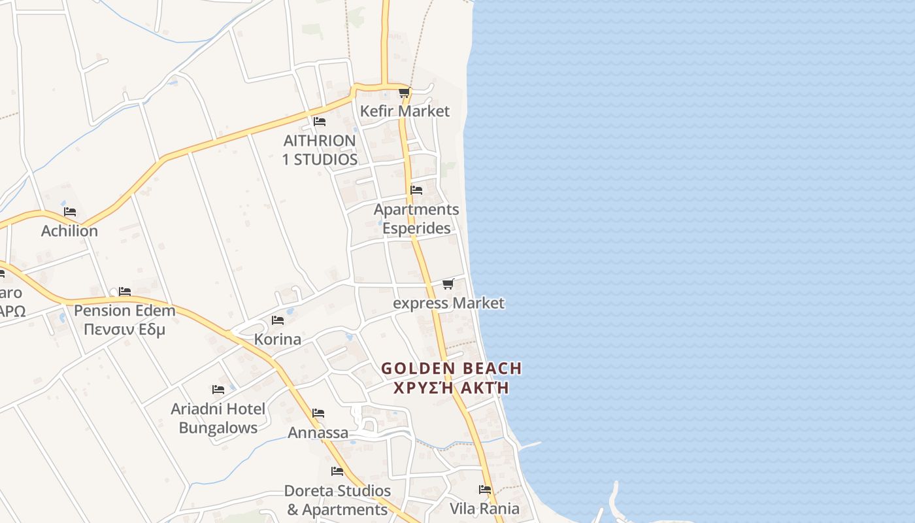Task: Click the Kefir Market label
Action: [x=405, y=111]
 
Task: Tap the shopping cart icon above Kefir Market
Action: [x=404, y=93]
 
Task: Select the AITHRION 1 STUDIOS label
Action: [x=320, y=150]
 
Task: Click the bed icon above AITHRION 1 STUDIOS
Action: [x=319, y=122]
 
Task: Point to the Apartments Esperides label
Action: [x=416, y=219]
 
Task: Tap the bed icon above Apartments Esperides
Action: [x=416, y=190]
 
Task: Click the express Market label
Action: [x=448, y=303]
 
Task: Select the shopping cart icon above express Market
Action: [x=448, y=284]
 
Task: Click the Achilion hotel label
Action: [x=69, y=231]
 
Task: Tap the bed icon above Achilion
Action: [x=70, y=212]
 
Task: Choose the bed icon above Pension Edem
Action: [x=125, y=291]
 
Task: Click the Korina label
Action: [x=277, y=339]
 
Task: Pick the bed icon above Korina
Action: [x=278, y=320]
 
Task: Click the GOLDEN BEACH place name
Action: [x=452, y=369]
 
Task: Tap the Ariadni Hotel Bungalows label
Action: [x=218, y=418]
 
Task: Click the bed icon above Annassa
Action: [x=318, y=413]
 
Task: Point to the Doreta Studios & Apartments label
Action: [x=337, y=500]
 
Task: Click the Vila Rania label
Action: [x=484, y=509]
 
